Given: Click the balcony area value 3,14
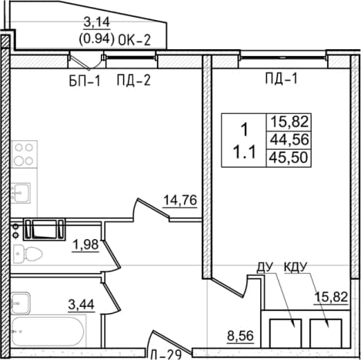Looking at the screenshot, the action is point(97,22).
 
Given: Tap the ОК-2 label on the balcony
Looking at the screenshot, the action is point(134,40).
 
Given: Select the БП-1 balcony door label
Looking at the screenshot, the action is point(85,82).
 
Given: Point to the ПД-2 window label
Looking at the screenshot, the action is point(133,80).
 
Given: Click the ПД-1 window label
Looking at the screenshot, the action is point(282,78).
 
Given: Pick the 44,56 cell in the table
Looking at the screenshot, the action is point(289,140).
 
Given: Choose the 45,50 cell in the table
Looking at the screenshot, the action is point(288,157).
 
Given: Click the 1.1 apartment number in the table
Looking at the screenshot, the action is point(244,153).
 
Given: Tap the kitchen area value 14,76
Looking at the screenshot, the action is point(180,200).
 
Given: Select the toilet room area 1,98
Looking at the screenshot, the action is point(86,245).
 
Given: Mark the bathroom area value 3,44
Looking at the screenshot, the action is point(82,305).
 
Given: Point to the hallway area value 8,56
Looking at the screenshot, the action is point(240,335).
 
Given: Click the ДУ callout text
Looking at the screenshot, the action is point(265,268).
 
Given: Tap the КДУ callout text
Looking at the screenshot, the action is point(296,268).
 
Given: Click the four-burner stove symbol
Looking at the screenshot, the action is point(24,154).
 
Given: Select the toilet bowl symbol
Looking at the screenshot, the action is point(28,254).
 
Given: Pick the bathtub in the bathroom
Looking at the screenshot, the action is point(48,332).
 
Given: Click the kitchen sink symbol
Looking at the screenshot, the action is point(21,193).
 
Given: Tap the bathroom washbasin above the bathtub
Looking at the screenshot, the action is point(21,303).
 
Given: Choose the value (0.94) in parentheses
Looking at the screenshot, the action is point(96,39).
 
